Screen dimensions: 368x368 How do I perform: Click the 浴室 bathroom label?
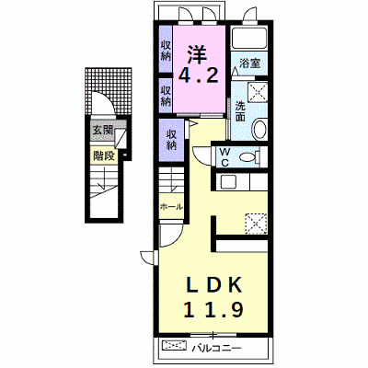(x=249, y=63)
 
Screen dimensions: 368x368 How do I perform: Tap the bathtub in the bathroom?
(x=248, y=39)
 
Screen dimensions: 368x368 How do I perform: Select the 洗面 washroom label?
(x=240, y=111)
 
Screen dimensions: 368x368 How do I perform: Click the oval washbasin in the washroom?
(x=259, y=131)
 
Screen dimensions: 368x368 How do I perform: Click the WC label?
(x=224, y=157)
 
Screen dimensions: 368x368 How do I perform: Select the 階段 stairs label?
(x=104, y=156)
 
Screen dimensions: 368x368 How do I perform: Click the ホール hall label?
(x=171, y=207)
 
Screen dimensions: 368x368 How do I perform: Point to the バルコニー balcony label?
(x=217, y=349)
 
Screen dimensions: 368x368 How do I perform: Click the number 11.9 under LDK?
(x=213, y=309)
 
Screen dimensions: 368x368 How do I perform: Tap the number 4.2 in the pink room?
(x=199, y=75)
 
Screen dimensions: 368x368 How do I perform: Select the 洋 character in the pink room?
(x=198, y=54)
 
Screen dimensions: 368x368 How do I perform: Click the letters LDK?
(x=214, y=284)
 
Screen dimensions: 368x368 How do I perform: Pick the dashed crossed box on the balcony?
(x=174, y=346)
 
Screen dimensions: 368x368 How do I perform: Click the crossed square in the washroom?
(x=257, y=91)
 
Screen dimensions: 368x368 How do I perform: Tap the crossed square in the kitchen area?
(x=256, y=224)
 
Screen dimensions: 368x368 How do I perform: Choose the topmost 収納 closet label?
(x=166, y=51)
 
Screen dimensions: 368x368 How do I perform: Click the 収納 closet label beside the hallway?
(x=171, y=140)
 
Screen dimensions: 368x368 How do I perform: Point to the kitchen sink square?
(x=228, y=181)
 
